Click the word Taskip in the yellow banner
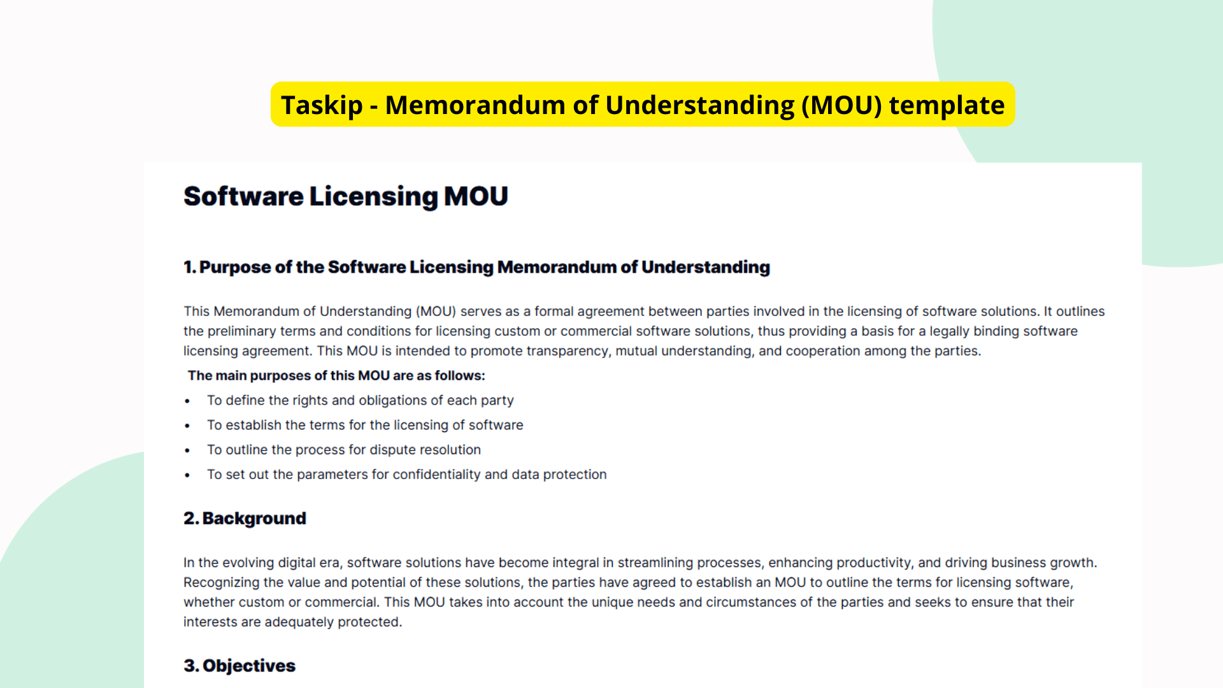(322, 105)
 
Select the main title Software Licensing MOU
(346, 196)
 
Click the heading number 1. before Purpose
(190, 267)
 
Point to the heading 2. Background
(245, 519)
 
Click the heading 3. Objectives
(240, 666)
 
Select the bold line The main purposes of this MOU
(336, 376)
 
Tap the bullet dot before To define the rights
(187, 401)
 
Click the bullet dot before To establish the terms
(187, 426)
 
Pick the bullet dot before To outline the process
(187, 450)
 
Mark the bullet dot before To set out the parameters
(187, 475)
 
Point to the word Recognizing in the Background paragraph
(221, 582)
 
